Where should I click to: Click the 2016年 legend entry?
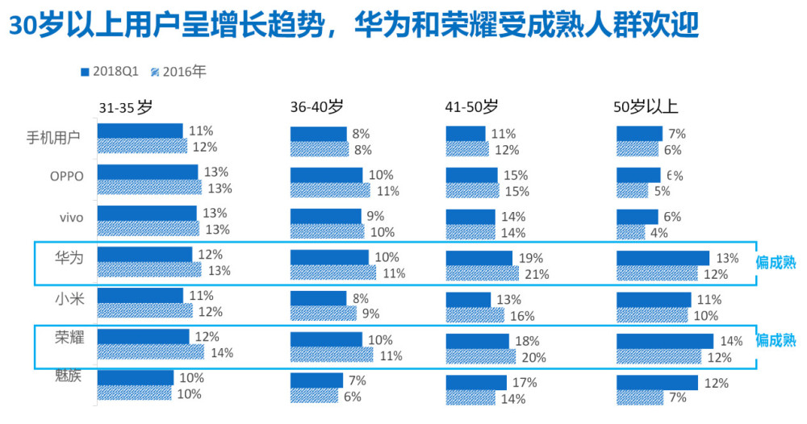point(179,72)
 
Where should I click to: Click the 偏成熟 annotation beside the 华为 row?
point(776,262)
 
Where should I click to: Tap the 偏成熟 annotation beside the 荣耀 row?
point(776,340)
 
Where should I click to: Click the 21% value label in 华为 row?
point(537,274)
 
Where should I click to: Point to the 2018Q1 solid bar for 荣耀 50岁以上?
point(665,341)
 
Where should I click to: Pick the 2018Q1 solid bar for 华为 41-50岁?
point(479,258)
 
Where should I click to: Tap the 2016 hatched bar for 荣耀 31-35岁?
point(151,352)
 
